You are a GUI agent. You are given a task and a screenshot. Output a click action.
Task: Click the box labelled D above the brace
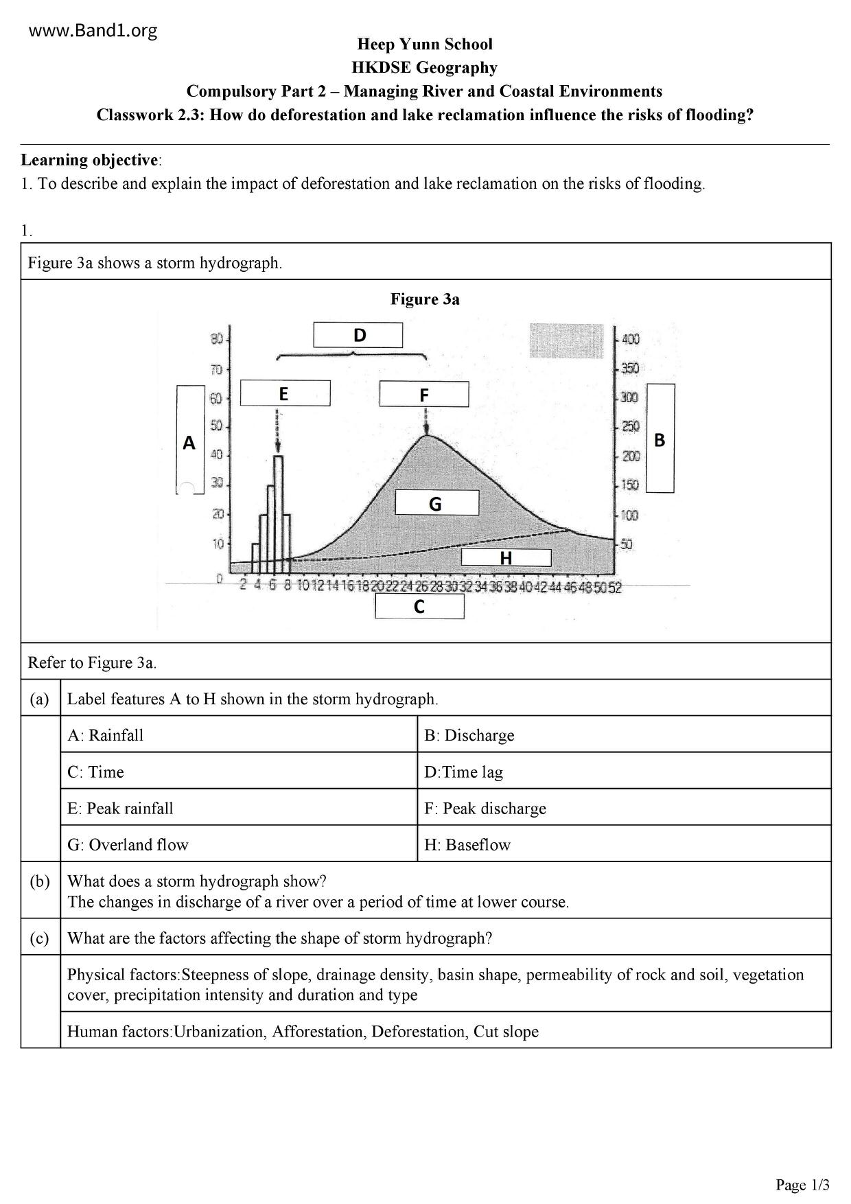tap(358, 335)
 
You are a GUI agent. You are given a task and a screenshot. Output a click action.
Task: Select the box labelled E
tap(285, 394)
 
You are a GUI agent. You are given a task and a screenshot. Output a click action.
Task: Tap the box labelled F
tap(424, 395)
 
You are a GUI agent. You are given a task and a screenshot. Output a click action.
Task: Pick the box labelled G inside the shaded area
tap(436, 503)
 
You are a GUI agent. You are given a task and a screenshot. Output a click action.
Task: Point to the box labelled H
tap(506, 558)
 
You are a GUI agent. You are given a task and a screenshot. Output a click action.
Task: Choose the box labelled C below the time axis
tap(419, 606)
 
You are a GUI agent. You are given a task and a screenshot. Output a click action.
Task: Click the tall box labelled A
tap(190, 439)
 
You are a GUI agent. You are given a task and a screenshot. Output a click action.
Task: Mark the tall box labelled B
tap(660, 438)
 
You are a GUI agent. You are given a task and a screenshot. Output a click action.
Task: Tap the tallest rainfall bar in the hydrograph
tap(278, 508)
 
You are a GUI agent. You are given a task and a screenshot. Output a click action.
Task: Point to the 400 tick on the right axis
tap(630, 339)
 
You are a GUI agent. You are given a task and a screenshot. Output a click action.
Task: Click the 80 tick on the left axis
tap(217, 339)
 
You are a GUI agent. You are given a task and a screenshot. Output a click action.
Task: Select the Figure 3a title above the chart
tap(425, 299)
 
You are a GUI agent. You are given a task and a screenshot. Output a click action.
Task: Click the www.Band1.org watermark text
tap(93, 30)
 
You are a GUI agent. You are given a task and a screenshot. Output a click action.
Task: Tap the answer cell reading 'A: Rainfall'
tap(106, 735)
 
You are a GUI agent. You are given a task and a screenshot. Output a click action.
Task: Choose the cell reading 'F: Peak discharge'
tap(485, 808)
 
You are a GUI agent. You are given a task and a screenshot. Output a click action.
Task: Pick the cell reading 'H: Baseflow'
tap(467, 844)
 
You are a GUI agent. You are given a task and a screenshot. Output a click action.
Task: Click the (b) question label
tap(40, 881)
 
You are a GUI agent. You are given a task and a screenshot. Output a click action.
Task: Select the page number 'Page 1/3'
tap(802, 1185)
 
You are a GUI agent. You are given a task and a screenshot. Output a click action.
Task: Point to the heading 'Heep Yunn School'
tap(425, 44)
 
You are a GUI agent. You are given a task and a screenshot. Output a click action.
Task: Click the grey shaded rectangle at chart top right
tap(566, 340)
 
